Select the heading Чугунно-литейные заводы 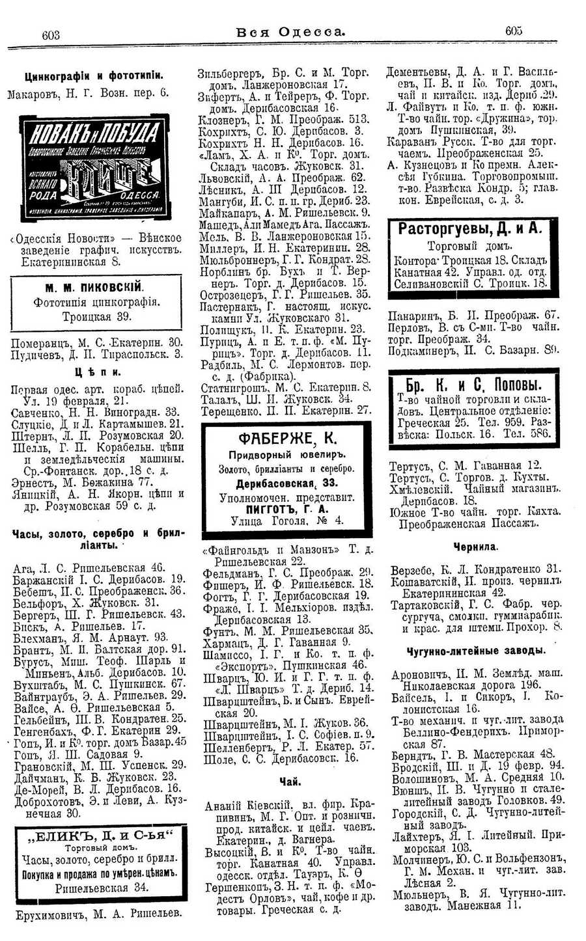(x=475, y=651)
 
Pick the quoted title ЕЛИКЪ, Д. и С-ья (x=99, y=834)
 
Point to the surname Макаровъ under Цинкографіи (x=33, y=93)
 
